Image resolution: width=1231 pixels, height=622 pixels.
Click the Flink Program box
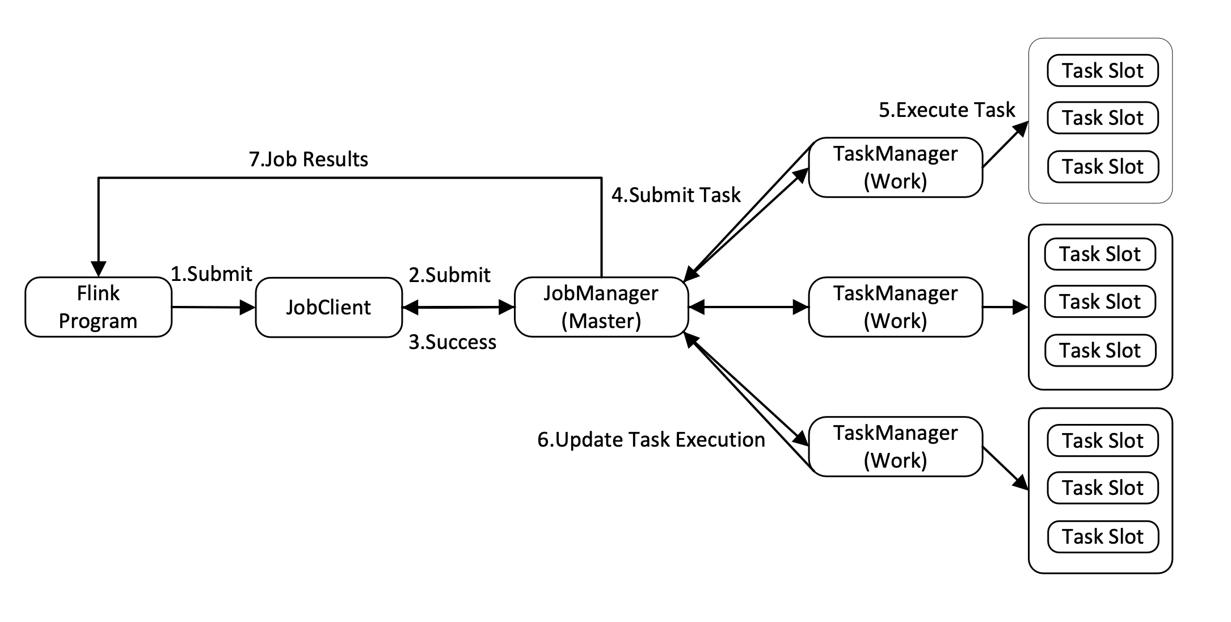pos(98,307)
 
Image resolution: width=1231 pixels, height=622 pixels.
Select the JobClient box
pos(328,307)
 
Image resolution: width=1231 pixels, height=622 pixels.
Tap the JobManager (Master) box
pos(601,307)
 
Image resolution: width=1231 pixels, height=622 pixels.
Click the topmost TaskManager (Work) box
pos(895,167)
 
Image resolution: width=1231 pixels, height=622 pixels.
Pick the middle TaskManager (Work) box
pos(895,307)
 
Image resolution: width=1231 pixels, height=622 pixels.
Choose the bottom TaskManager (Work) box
pos(895,447)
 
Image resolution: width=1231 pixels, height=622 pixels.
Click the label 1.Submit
pos(212,274)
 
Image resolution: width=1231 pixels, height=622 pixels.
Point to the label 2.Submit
pos(449,275)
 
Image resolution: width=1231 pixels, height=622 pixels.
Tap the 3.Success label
pos(452,342)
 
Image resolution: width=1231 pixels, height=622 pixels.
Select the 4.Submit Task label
pos(676,195)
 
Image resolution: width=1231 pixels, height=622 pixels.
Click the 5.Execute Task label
pos(947,110)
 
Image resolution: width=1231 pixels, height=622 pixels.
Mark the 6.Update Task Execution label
pos(651,440)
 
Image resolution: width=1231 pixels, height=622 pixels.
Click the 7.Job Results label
pos(309,159)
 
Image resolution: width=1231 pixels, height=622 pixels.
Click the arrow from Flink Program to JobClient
pos(213,307)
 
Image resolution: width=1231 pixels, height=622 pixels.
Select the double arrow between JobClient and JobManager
pos(458,307)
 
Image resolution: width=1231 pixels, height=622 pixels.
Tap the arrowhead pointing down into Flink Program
pos(99,268)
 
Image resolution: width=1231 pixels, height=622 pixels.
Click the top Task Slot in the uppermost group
pos(1102,71)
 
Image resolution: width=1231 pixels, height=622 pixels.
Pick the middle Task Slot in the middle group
pos(1099,301)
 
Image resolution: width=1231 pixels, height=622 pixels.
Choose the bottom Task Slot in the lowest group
pos(1102,537)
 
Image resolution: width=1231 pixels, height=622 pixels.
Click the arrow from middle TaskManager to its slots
pos(1004,307)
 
